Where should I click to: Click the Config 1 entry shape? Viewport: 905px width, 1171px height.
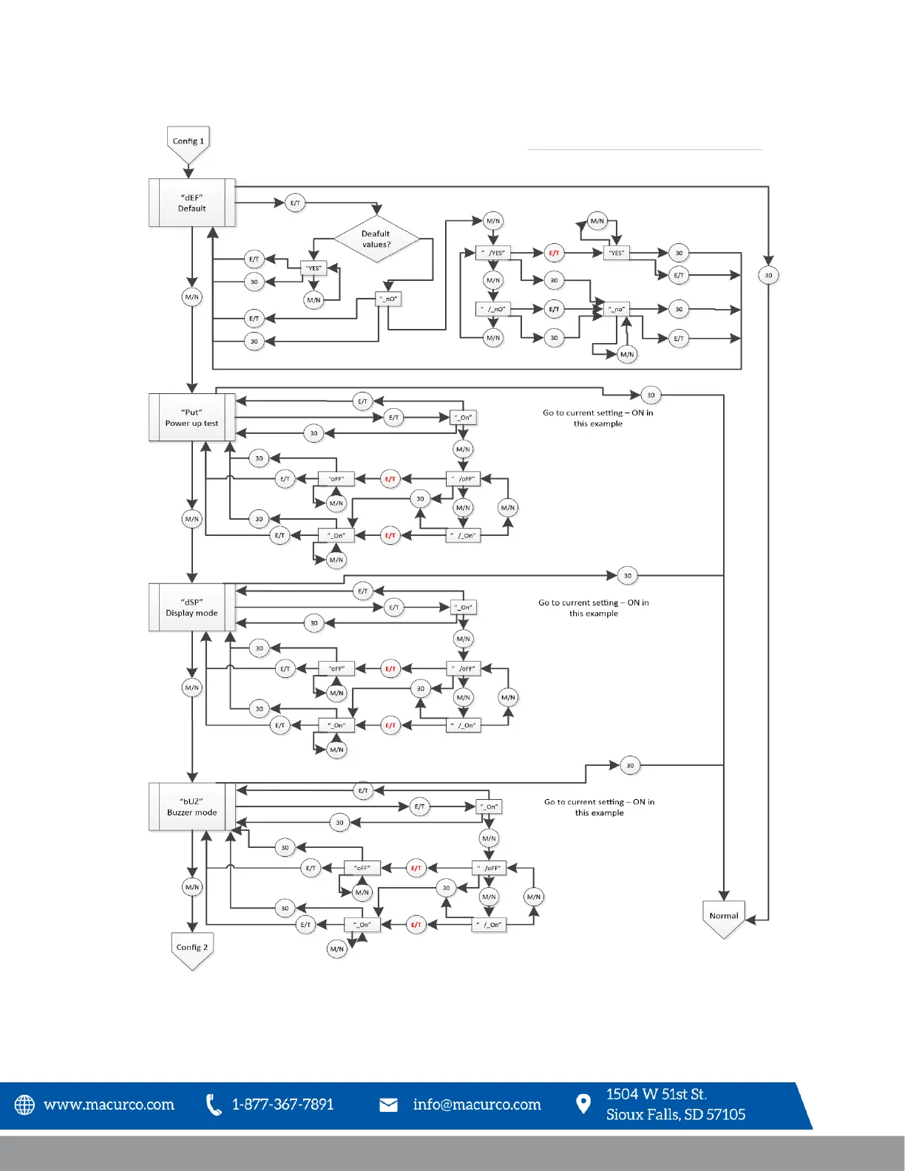point(189,143)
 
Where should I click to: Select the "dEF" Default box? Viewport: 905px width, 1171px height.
point(192,203)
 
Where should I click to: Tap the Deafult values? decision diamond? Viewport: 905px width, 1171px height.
point(376,239)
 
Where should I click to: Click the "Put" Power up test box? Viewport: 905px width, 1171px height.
point(192,418)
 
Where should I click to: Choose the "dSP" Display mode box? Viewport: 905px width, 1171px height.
point(192,607)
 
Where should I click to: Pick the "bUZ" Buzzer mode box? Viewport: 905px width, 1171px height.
point(192,807)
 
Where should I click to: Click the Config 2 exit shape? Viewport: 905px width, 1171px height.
point(192,950)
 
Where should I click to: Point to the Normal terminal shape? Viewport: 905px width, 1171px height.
point(724,917)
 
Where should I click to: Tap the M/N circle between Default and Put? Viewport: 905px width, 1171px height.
point(192,297)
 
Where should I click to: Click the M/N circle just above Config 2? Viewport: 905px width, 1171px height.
point(192,886)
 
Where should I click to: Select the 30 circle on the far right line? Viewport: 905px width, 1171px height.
point(768,275)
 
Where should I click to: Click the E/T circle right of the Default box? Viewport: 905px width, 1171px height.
point(295,203)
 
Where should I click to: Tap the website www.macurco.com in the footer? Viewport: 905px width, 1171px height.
point(109,1104)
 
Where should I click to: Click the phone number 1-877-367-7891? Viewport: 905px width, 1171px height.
point(282,1104)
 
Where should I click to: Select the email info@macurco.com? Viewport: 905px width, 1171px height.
point(477,1104)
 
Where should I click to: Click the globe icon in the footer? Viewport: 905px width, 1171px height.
point(24,1104)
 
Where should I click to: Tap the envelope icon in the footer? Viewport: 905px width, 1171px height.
point(388,1104)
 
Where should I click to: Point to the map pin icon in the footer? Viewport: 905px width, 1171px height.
point(583,1104)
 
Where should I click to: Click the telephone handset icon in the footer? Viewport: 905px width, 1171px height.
point(214,1104)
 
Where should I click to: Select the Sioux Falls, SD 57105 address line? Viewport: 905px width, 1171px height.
point(675,1115)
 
